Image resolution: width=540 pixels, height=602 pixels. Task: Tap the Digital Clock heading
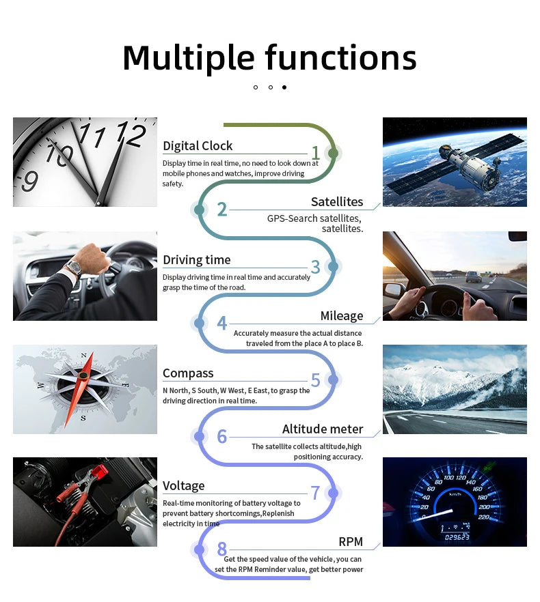(198, 146)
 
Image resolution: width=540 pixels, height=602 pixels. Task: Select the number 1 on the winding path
(315, 153)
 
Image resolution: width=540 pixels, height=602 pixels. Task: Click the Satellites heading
(337, 202)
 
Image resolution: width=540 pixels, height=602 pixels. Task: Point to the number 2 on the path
(222, 210)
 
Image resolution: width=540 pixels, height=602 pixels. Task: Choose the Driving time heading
(197, 260)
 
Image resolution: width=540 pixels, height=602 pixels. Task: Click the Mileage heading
(342, 316)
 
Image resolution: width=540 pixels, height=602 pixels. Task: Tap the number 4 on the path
(222, 324)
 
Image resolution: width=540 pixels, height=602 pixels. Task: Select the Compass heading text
(188, 373)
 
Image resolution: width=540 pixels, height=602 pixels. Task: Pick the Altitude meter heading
(323, 429)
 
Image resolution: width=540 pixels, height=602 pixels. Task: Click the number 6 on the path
(222, 437)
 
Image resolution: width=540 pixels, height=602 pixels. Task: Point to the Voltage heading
(184, 486)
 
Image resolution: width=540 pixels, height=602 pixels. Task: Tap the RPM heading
(351, 543)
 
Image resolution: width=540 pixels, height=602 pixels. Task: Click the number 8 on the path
(222, 549)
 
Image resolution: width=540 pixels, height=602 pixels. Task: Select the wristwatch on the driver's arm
(74, 267)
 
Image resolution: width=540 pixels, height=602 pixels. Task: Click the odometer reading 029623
(457, 537)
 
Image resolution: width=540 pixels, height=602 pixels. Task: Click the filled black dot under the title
(284, 87)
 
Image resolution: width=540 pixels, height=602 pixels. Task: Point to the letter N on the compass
(84, 356)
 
